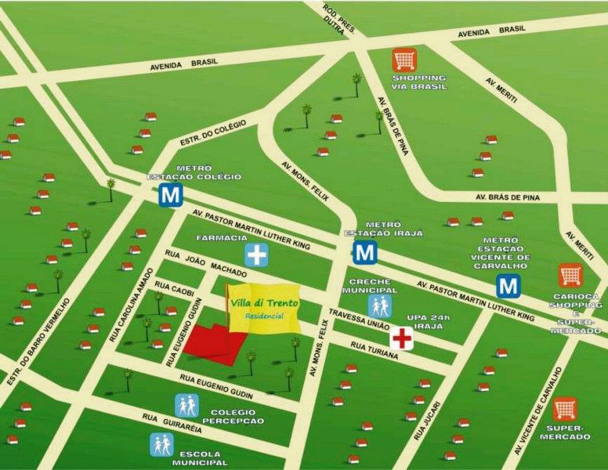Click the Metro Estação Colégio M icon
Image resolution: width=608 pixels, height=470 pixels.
point(171,195)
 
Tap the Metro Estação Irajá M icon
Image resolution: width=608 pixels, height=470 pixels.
point(364,251)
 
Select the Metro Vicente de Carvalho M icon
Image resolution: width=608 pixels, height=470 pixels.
point(508,286)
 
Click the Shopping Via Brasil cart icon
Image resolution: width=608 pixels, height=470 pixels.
point(404,60)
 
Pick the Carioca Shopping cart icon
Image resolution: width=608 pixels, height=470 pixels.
point(570,275)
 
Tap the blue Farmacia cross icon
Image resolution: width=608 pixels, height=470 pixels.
point(256,254)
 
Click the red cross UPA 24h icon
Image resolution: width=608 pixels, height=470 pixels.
point(402,338)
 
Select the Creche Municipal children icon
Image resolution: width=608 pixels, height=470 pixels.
point(380,306)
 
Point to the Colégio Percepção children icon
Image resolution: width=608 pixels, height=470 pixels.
point(186,405)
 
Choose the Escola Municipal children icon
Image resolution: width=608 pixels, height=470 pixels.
point(161,445)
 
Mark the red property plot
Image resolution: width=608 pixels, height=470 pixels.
point(215,343)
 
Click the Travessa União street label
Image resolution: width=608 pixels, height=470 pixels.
point(358,320)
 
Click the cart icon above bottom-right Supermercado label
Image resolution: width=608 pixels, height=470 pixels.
point(564,410)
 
